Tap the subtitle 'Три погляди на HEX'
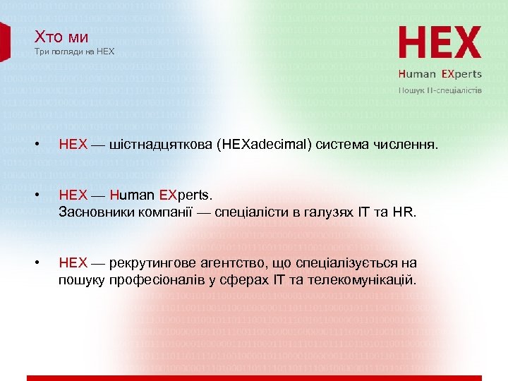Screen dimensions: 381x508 tap(74, 52)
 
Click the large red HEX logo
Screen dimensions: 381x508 tap(440, 44)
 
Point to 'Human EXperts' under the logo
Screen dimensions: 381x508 tap(440, 73)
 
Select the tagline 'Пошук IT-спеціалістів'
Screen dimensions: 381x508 tap(440, 91)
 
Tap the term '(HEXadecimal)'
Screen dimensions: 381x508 tap(262, 145)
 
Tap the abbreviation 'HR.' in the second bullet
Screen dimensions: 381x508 tap(407, 211)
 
